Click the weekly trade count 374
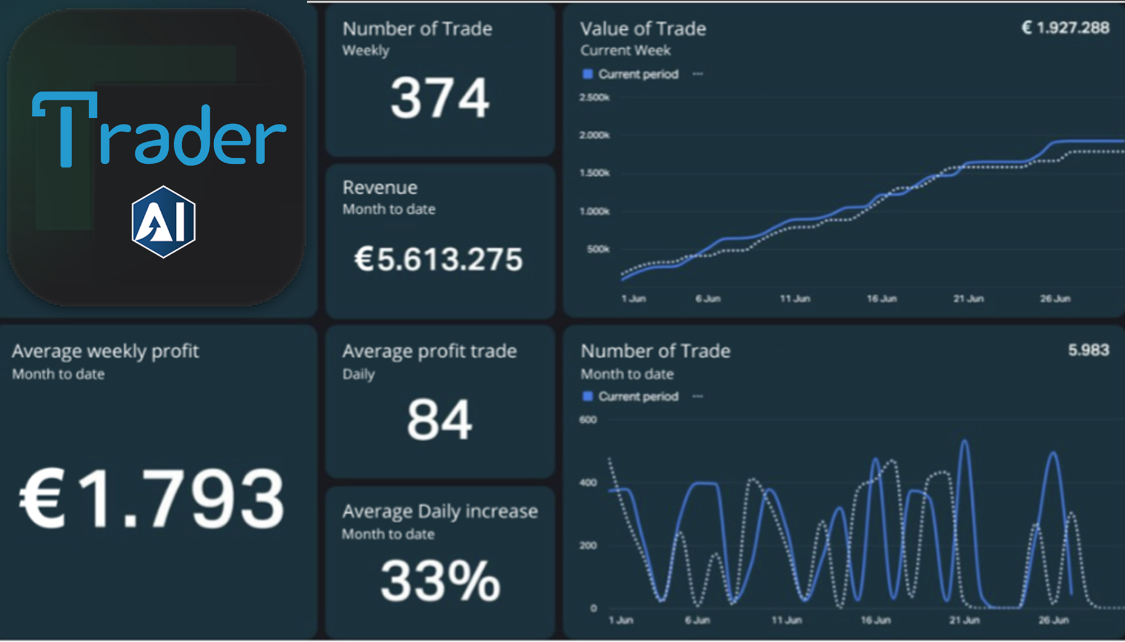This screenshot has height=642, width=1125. point(440,98)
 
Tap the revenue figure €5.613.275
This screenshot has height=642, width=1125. point(438,259)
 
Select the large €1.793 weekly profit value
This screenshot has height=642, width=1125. point(152,499)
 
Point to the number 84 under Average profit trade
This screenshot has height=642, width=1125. point(439,419)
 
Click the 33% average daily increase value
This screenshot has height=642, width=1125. point(440,581)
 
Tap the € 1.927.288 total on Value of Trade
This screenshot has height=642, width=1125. point(1066,28)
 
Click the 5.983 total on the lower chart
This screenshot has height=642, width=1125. point(1089,350)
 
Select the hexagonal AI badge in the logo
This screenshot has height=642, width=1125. point(164,222)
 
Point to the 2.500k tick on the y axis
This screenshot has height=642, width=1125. point(594,97)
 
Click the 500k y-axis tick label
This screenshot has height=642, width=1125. point(598,249)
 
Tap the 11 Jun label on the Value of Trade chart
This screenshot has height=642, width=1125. point(795,299)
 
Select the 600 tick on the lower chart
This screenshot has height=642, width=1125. point(588,419)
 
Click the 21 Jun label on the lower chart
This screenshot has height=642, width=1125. point(964,620)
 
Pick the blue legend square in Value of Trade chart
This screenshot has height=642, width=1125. point(587,74)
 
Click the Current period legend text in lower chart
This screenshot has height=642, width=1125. point(638,396)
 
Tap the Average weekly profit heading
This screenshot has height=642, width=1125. point(105,351)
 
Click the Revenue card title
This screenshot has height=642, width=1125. point(380,188)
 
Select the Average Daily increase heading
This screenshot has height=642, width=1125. point(440,512)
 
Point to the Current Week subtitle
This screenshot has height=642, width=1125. point(626,50)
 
